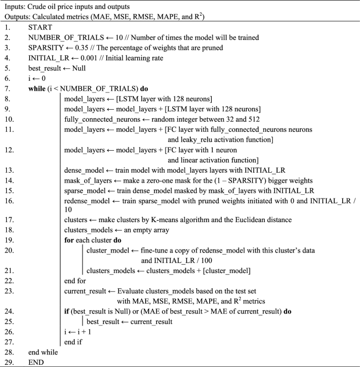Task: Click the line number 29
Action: coord(8,362)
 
